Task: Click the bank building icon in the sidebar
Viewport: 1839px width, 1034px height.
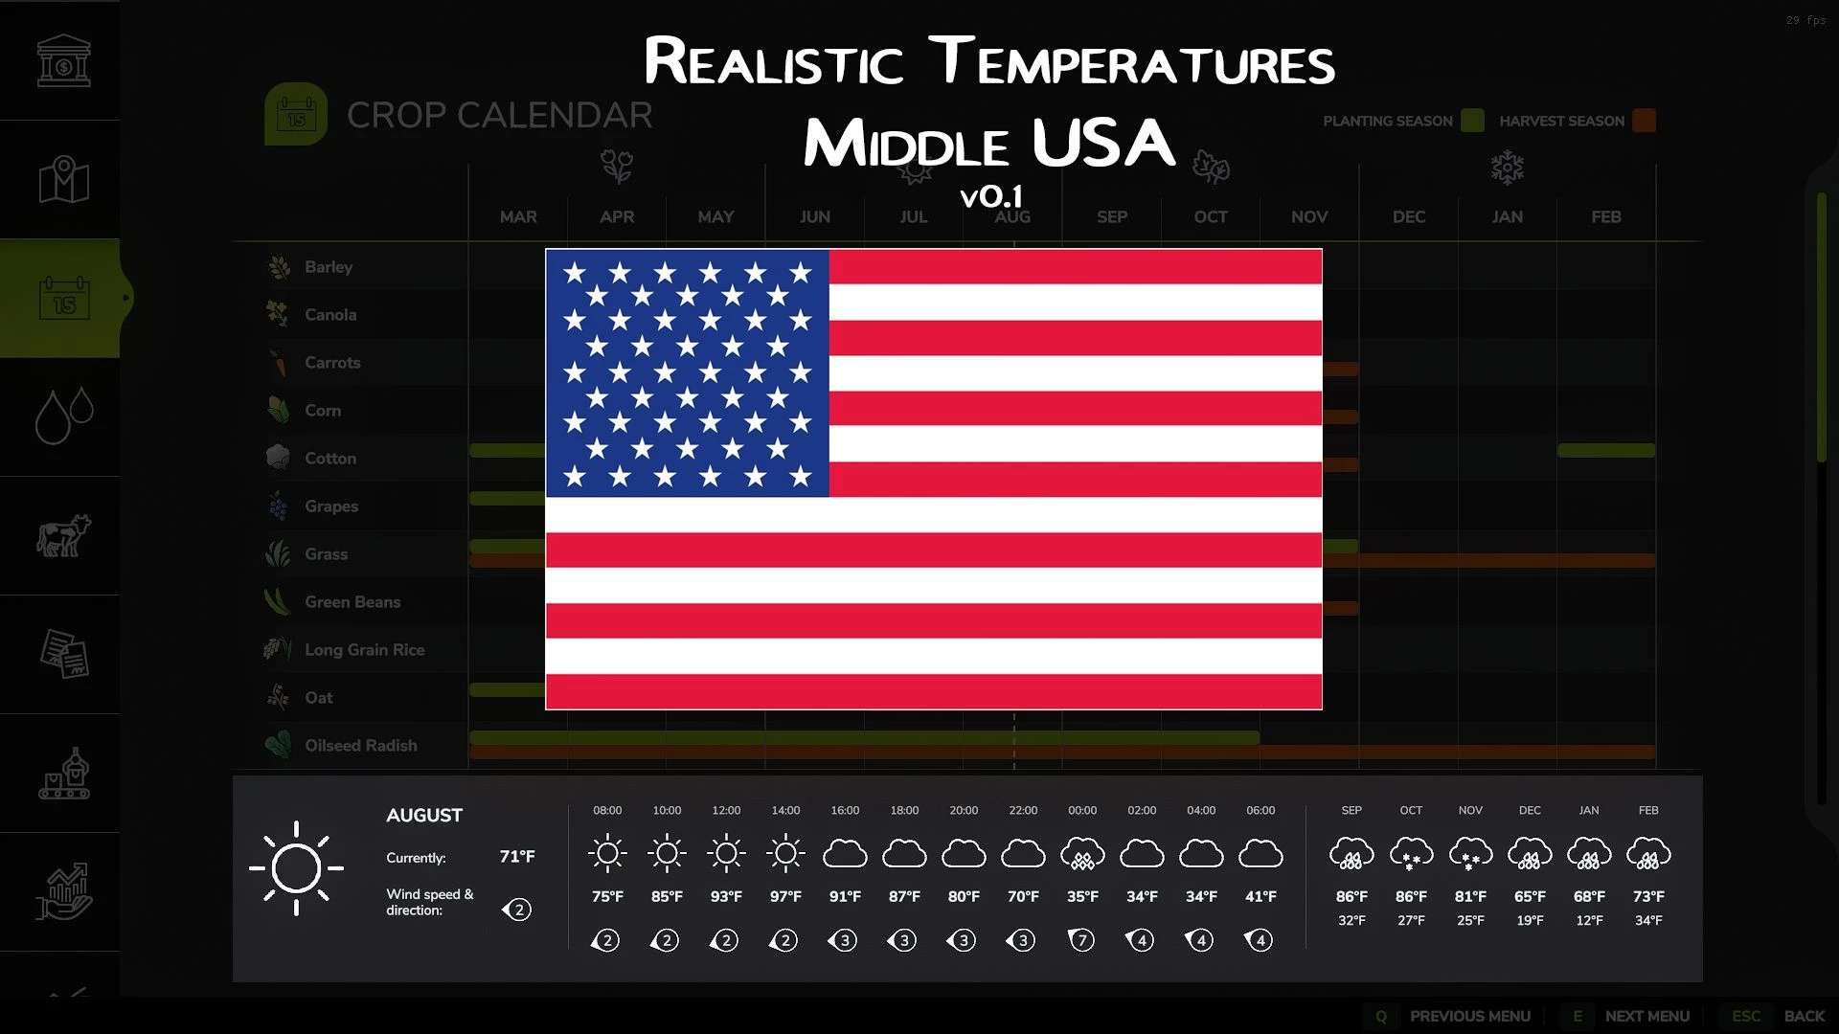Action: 63,60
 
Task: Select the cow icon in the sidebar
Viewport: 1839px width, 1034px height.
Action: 63,535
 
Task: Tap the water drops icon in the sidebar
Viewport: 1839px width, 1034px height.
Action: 63,416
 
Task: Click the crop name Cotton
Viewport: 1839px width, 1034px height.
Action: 329,459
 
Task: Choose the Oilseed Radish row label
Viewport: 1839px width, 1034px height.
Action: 360,746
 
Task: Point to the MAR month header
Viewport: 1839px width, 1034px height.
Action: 518,217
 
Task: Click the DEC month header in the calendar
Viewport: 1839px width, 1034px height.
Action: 1408,217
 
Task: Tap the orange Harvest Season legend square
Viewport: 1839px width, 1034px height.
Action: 1644,121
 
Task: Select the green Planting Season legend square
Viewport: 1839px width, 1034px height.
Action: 1472,121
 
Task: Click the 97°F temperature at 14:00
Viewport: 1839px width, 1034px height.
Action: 785,897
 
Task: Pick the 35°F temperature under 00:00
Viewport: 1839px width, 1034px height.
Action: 1082,897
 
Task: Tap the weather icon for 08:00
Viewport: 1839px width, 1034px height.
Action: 607,853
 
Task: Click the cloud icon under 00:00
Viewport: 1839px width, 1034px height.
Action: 1082,853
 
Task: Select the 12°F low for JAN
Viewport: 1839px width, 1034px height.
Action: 1589,921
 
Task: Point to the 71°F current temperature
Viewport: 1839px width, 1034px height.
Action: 517,857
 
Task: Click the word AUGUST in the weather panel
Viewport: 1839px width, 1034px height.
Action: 424,816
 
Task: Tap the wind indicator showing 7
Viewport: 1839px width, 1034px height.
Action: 1082,941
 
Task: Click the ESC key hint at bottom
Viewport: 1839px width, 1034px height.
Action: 1745,1017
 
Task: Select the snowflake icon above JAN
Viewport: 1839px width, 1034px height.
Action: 1507,168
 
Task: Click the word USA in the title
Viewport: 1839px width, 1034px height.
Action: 1103,144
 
